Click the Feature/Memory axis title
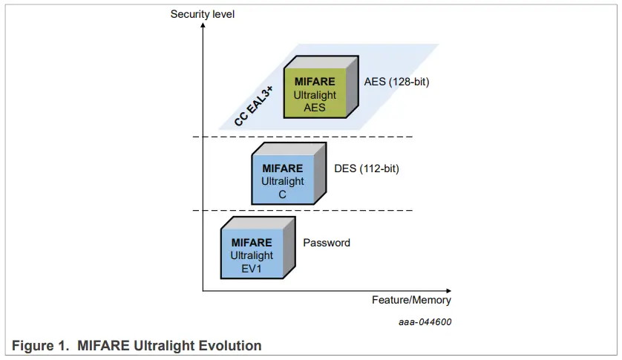pos(411,300)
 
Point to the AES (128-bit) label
pos(396,82)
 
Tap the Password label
pos(326,243)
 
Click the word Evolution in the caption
pos(236,346)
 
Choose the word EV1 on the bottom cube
pos(252,268)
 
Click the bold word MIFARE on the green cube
pos(315,82)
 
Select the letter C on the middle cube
pos(282,194)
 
